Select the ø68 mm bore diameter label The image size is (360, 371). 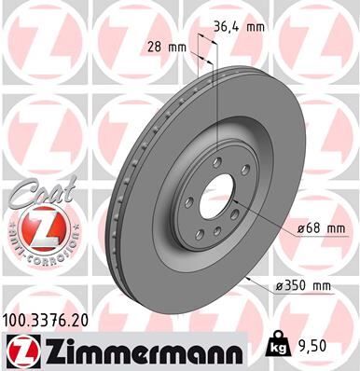pos(304,227)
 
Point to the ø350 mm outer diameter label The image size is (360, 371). pos(304,285)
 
